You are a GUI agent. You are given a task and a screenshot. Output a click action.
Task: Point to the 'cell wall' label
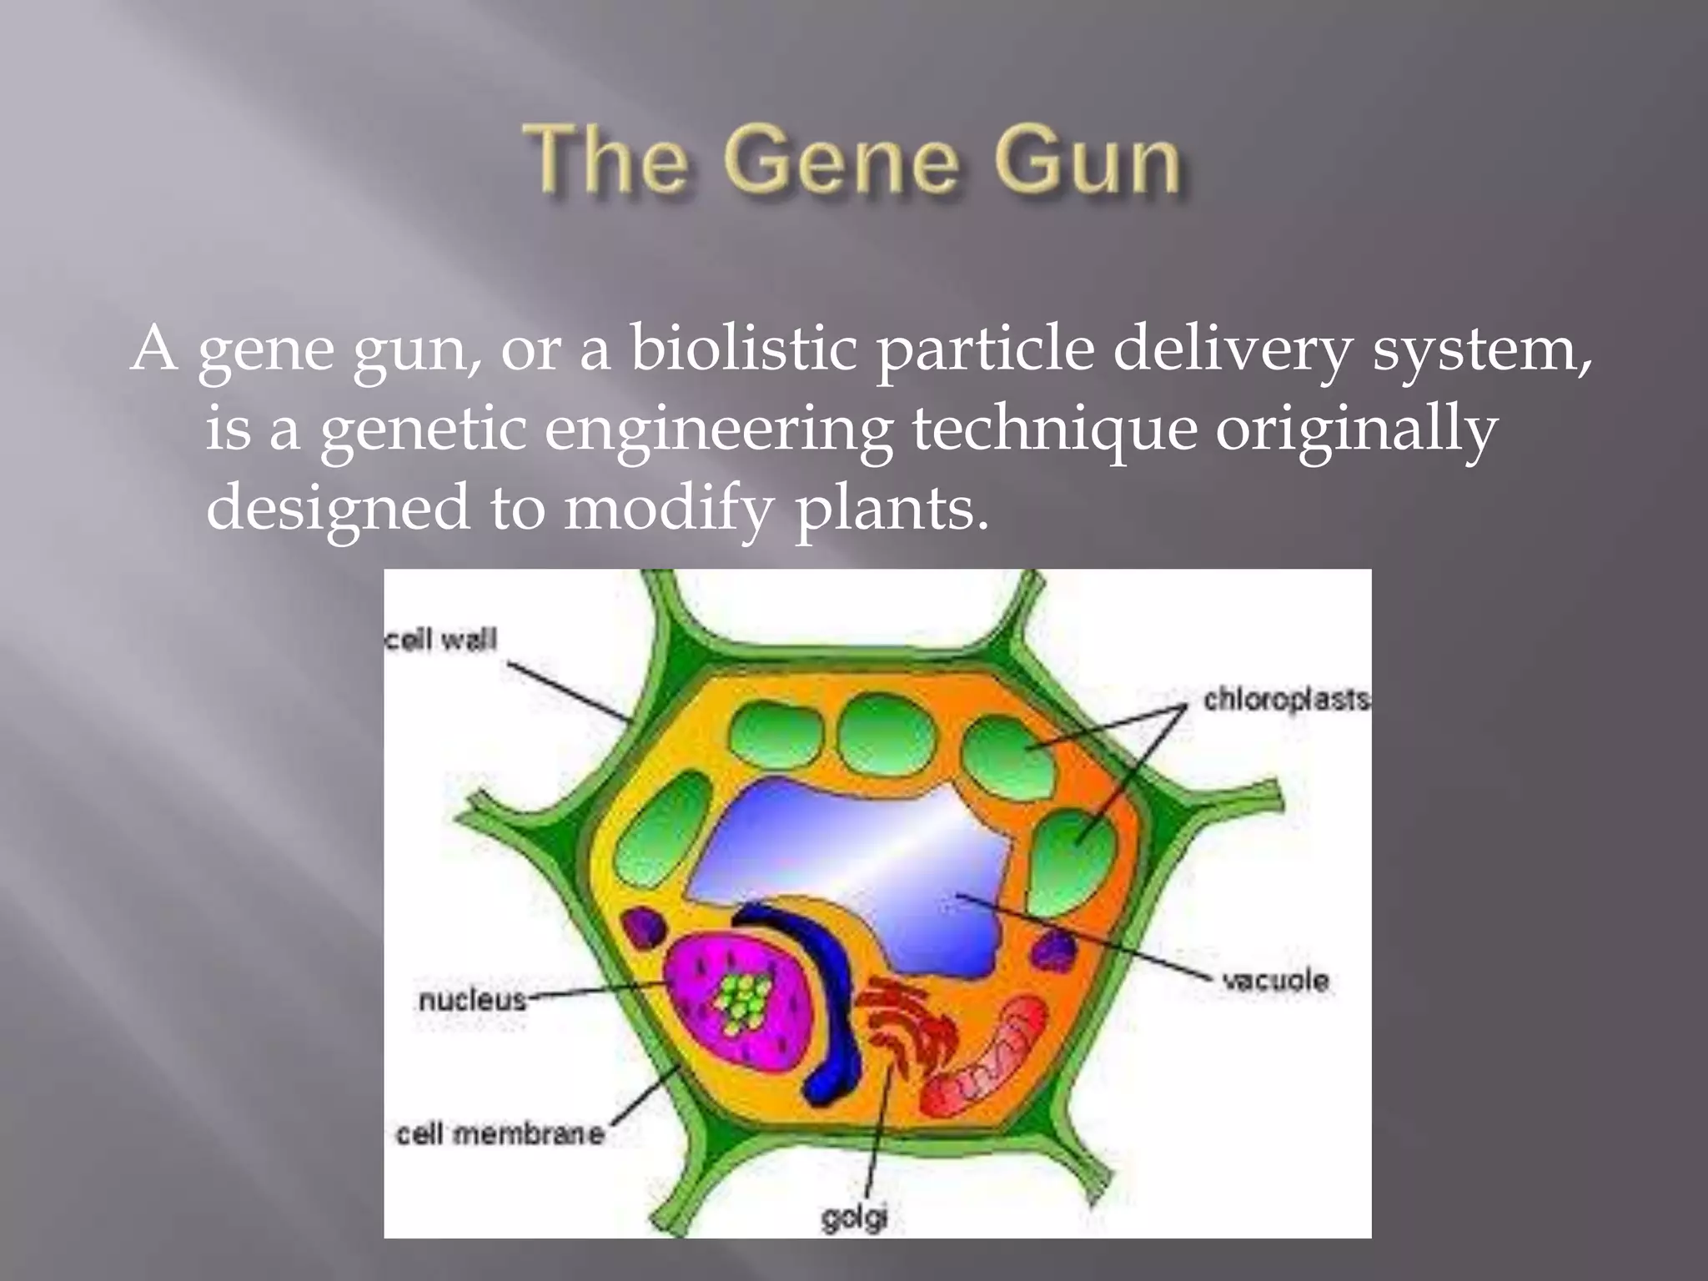(441, 639)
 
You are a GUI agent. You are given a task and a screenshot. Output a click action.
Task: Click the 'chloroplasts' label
(1286, 699)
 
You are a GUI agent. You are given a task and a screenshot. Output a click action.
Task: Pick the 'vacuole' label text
(1275, 980)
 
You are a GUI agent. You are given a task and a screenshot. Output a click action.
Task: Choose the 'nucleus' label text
(472, 999)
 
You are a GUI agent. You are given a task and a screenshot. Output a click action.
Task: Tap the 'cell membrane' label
(500, 1133)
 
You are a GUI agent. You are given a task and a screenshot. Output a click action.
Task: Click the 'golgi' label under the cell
(853, 1218)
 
